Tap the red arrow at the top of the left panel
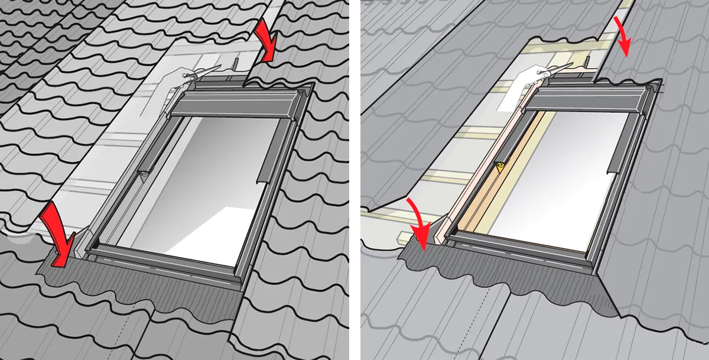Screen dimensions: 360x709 click(x=266, y=41)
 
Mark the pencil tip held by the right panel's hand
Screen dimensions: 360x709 click(x=573, y=64)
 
